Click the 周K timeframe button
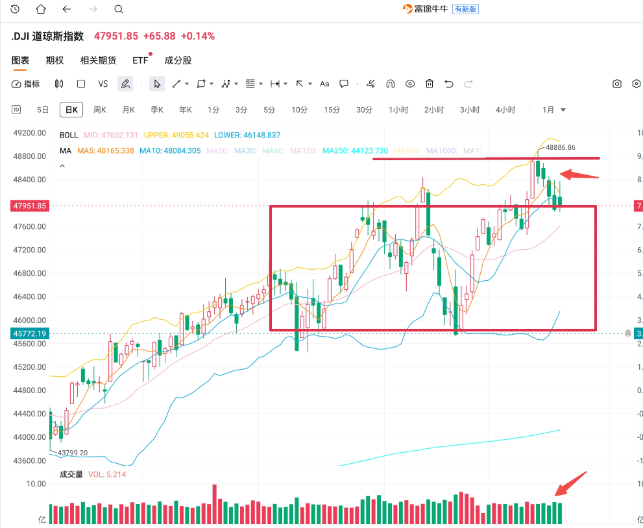point(99,110)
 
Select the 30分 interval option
point(365,110)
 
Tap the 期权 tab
point(55,60)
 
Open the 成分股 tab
point(178,60)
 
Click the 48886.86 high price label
point(561,147)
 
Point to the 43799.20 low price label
point(73,453)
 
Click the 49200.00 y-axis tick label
point(30,132)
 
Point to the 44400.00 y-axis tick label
point(30,414)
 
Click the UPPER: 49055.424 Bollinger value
point(176,135)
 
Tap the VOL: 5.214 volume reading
point(107,474)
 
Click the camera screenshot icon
point(617,84)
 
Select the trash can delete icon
point(430,84)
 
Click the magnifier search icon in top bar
point(118,9)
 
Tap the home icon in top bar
point(41,9)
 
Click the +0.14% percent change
point(197,36)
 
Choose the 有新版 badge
point(466,9)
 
